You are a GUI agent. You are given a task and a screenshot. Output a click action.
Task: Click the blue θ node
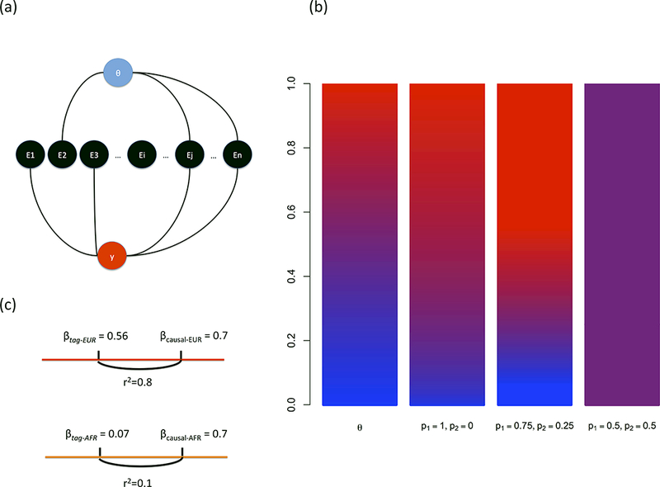(118, 73)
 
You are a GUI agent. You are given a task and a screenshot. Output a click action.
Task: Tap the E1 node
(31, 154)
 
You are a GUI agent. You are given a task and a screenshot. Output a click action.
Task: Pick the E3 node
(95, 154)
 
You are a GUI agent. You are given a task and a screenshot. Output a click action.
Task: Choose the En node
(238, 154)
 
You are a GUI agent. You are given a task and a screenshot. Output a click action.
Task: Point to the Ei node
(144, 154)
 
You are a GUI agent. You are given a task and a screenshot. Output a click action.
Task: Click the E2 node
(63, 154)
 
